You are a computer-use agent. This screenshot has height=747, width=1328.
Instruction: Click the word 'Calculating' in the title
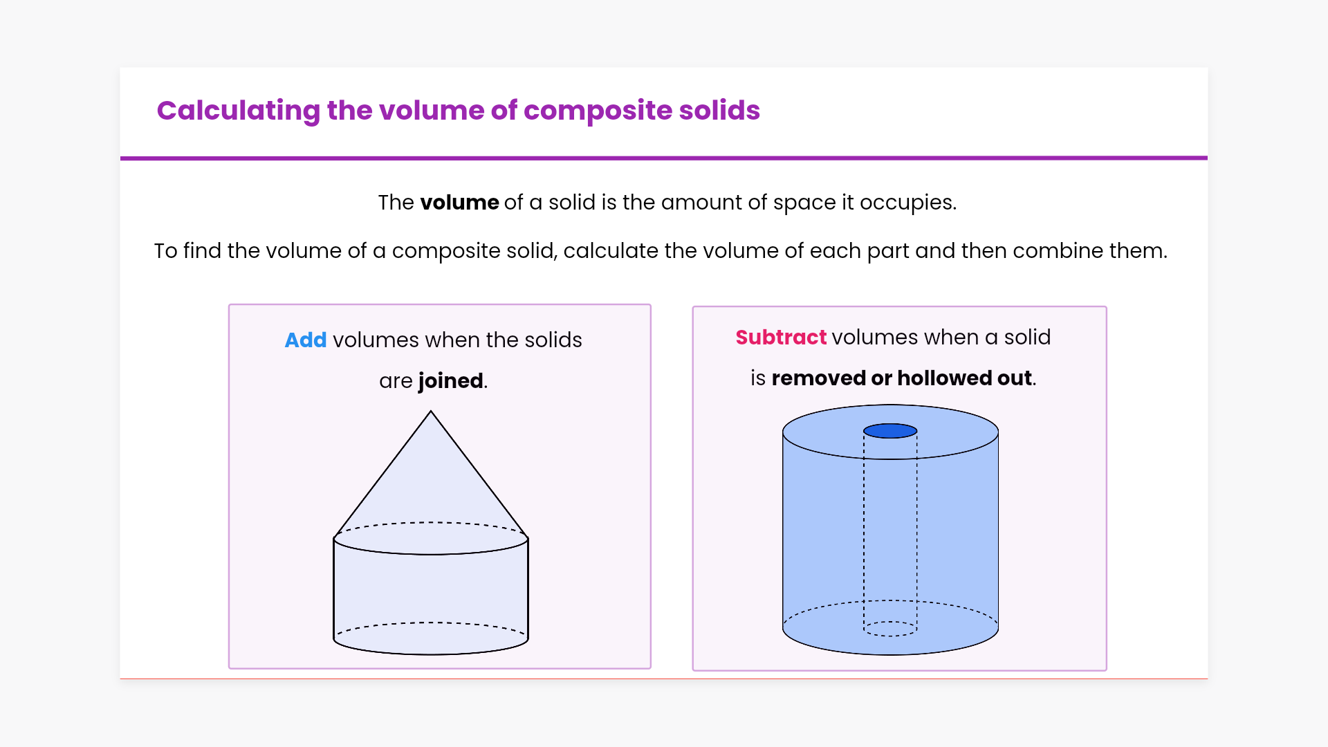(238, 111)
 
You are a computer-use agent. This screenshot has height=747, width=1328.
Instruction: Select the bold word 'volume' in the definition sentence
(459, 203)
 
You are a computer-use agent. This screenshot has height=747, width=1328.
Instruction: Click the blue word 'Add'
(305, 340)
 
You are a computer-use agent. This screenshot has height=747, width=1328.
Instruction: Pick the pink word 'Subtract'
(781, 338)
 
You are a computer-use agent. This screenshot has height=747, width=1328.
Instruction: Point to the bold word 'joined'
(450, 381)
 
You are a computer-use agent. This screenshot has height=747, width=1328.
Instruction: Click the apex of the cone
(431, 412)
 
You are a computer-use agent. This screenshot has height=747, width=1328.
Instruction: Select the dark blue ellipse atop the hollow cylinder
(890, 431)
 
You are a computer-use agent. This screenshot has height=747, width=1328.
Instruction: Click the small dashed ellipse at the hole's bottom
(890, 629)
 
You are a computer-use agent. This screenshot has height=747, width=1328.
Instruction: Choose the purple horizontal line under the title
(664, 158)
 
